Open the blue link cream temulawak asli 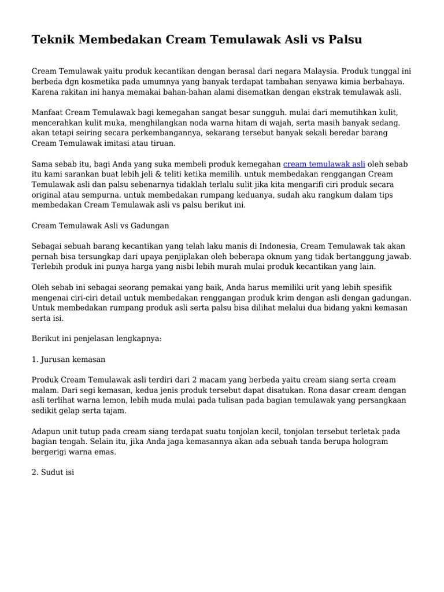pyautogui.click(x=324, y=164)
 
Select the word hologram pyautogui.click(x=369, y=442)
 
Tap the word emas pyautogui.click(x=105, y=452)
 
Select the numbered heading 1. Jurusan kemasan pyautogui.click(x=69, y=359)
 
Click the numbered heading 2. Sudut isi pyautogui.click(x=53, y=472)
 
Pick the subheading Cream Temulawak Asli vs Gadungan pyautogui.click(x=100, y=225)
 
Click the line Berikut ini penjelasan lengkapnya pyautogui.click(x=97, y=339)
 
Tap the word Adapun pyautogui.click(x=47, y=431)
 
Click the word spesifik pyautogui.click(x=375, y=287)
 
